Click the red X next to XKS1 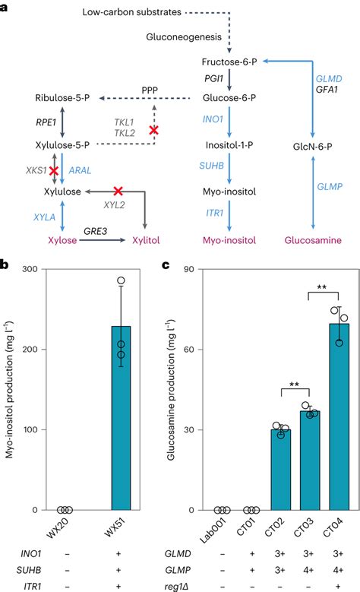point(54,171)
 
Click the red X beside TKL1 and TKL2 point(154,131)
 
